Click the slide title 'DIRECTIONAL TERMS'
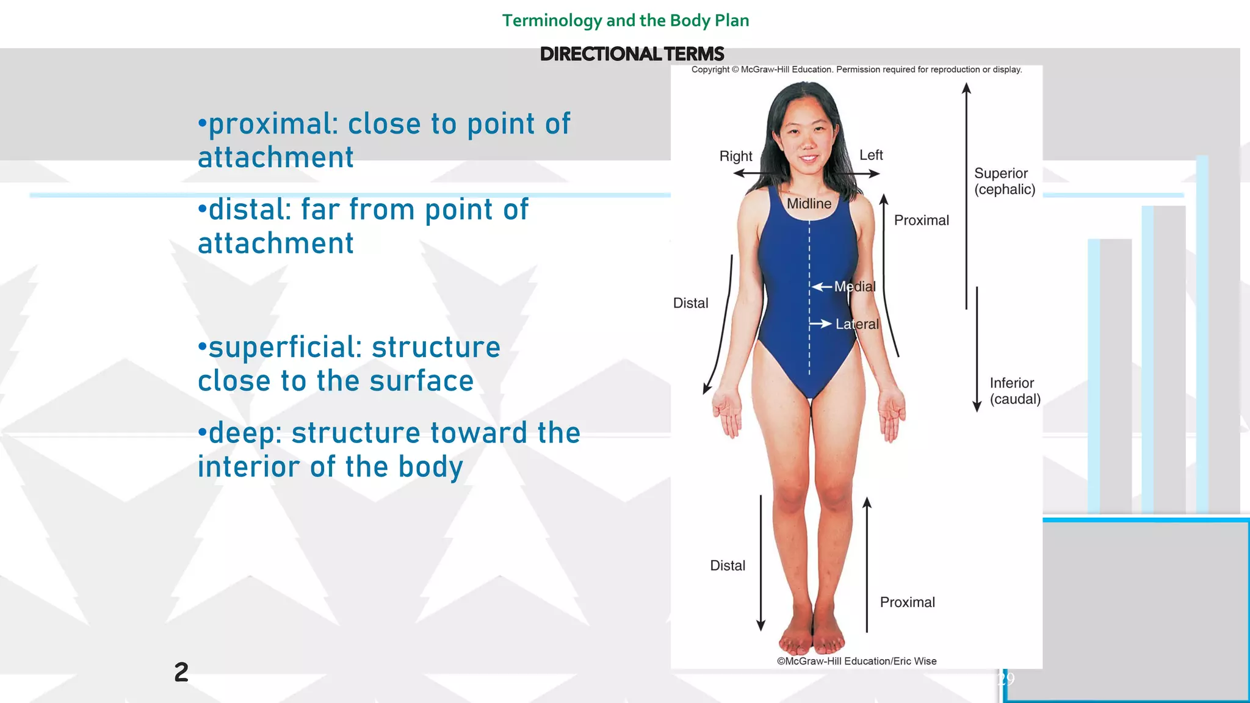coord(632,54)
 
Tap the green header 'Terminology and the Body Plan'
coord(625,21)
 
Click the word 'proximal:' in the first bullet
coord(272,124)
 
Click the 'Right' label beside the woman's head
coord(735,156)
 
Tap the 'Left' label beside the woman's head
coord(871,156)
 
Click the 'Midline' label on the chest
coord(809,204)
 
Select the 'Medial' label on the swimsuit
coord(854,287)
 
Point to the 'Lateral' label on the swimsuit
coord(857,325)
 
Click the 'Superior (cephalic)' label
coord(1004,181)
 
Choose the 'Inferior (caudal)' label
coord(1014,391)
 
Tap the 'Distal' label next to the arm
coord(690,303)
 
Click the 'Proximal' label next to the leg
coord(907,602)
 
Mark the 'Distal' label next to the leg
coord(728,566)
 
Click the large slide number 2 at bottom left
coord(181,672)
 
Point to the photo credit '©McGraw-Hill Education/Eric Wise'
coord(856,661)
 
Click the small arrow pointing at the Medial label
coord(822,287)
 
